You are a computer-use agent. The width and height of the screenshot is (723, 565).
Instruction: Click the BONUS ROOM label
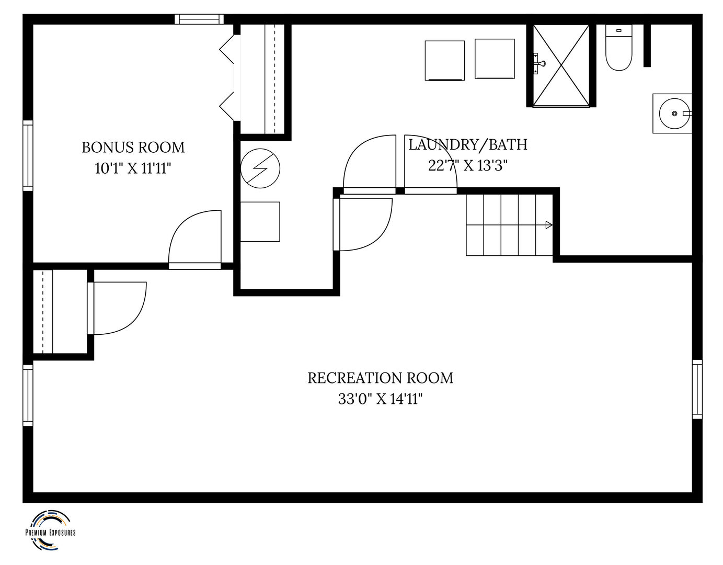(x=133, y=148)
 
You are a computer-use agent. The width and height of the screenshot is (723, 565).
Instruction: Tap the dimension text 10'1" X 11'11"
(x=133, y=168)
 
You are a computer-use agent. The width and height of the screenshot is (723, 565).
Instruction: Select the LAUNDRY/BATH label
(x=468, y=145)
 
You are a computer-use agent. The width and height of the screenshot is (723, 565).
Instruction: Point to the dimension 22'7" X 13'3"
(x=467, y=165)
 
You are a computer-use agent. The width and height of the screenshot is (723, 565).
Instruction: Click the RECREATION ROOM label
(x=380, y=378)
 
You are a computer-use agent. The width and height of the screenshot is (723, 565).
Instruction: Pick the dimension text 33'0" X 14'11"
(x=380, y=399)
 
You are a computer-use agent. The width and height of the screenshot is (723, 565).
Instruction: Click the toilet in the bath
(x=618, y=48)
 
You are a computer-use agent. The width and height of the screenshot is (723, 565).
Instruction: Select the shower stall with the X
(x=561, y=65)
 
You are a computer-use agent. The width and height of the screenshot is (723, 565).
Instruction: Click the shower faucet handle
(x=540, y=63)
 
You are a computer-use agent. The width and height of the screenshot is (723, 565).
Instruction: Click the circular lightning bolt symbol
(x=260, y=168)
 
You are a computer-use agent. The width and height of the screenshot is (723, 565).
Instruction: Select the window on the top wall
(x=199, y=19)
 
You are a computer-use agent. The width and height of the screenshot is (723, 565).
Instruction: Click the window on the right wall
(x=697, y=389)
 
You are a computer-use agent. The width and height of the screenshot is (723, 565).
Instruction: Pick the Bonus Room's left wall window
(x=28, y=156)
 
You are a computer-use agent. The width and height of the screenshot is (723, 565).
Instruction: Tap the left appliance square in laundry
(x=445, y=61)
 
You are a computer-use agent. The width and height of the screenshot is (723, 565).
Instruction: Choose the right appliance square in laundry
(x=495, y=59)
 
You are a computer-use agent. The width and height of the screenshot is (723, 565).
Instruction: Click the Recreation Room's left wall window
(x=28, y=395)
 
